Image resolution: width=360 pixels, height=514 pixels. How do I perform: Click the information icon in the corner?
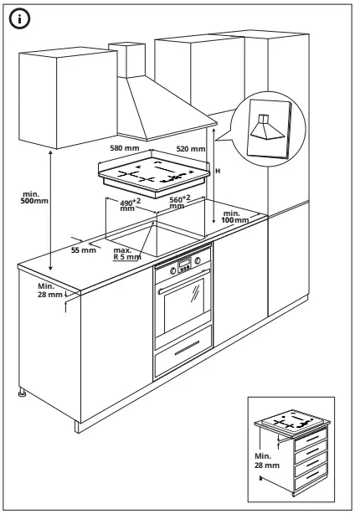pos(19,19)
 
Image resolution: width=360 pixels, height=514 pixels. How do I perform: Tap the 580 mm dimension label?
pos(125,148)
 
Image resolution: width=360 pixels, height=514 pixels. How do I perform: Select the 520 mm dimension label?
pos(191,149)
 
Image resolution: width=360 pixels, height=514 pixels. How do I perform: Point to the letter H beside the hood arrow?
pos(218,171)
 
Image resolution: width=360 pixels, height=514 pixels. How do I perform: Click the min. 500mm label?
pos(34,198)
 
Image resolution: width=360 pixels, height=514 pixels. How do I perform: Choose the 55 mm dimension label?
pos(84,250)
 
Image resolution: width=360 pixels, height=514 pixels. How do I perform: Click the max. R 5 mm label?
pos(127,254)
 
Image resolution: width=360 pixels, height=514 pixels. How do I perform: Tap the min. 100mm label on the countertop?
pos(234,217)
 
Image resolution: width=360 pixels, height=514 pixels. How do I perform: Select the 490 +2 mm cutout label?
pos(130,204)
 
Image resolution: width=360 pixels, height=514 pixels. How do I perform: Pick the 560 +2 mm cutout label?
pos(180,202)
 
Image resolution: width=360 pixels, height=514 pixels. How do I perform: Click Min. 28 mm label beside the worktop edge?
pos(50,290)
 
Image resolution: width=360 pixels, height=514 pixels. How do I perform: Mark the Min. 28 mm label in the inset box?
pos(267,460)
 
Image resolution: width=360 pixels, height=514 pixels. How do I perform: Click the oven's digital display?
pos(184,262)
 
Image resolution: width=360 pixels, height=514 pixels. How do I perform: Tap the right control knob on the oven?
pos(198,260)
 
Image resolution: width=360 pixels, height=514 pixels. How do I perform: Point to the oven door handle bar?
pos(184,280)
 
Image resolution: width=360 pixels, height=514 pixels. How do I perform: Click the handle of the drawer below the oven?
pos(188,347)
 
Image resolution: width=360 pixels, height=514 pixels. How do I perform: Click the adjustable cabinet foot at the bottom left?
pos(23,393)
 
